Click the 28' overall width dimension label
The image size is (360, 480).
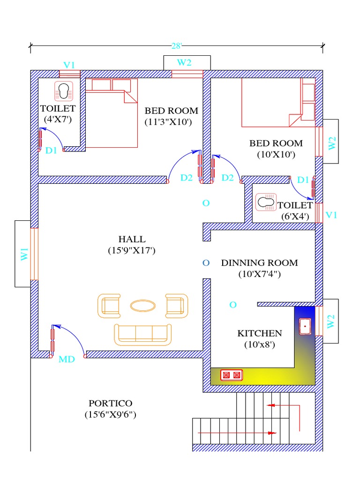[x=176, y=45]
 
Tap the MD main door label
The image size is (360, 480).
[x=67, y=360]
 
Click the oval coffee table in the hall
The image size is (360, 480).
[x=142, y=306]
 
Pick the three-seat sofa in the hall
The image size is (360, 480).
[x=142, y=334]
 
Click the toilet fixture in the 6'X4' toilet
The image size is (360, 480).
[x=266, y=203]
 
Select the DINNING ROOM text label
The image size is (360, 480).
[x=259, y=262]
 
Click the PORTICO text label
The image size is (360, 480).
[x=111, y=403]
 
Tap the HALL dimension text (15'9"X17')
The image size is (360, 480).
[x=131, y=251]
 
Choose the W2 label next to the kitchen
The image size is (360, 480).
[x=331, y=321]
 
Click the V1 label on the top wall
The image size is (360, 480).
[x=69, y=65]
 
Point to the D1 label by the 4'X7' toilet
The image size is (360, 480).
[x=51, y=150]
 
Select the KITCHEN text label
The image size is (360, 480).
[x=260, y=333]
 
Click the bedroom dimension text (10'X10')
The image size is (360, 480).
[x=276, y=154]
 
